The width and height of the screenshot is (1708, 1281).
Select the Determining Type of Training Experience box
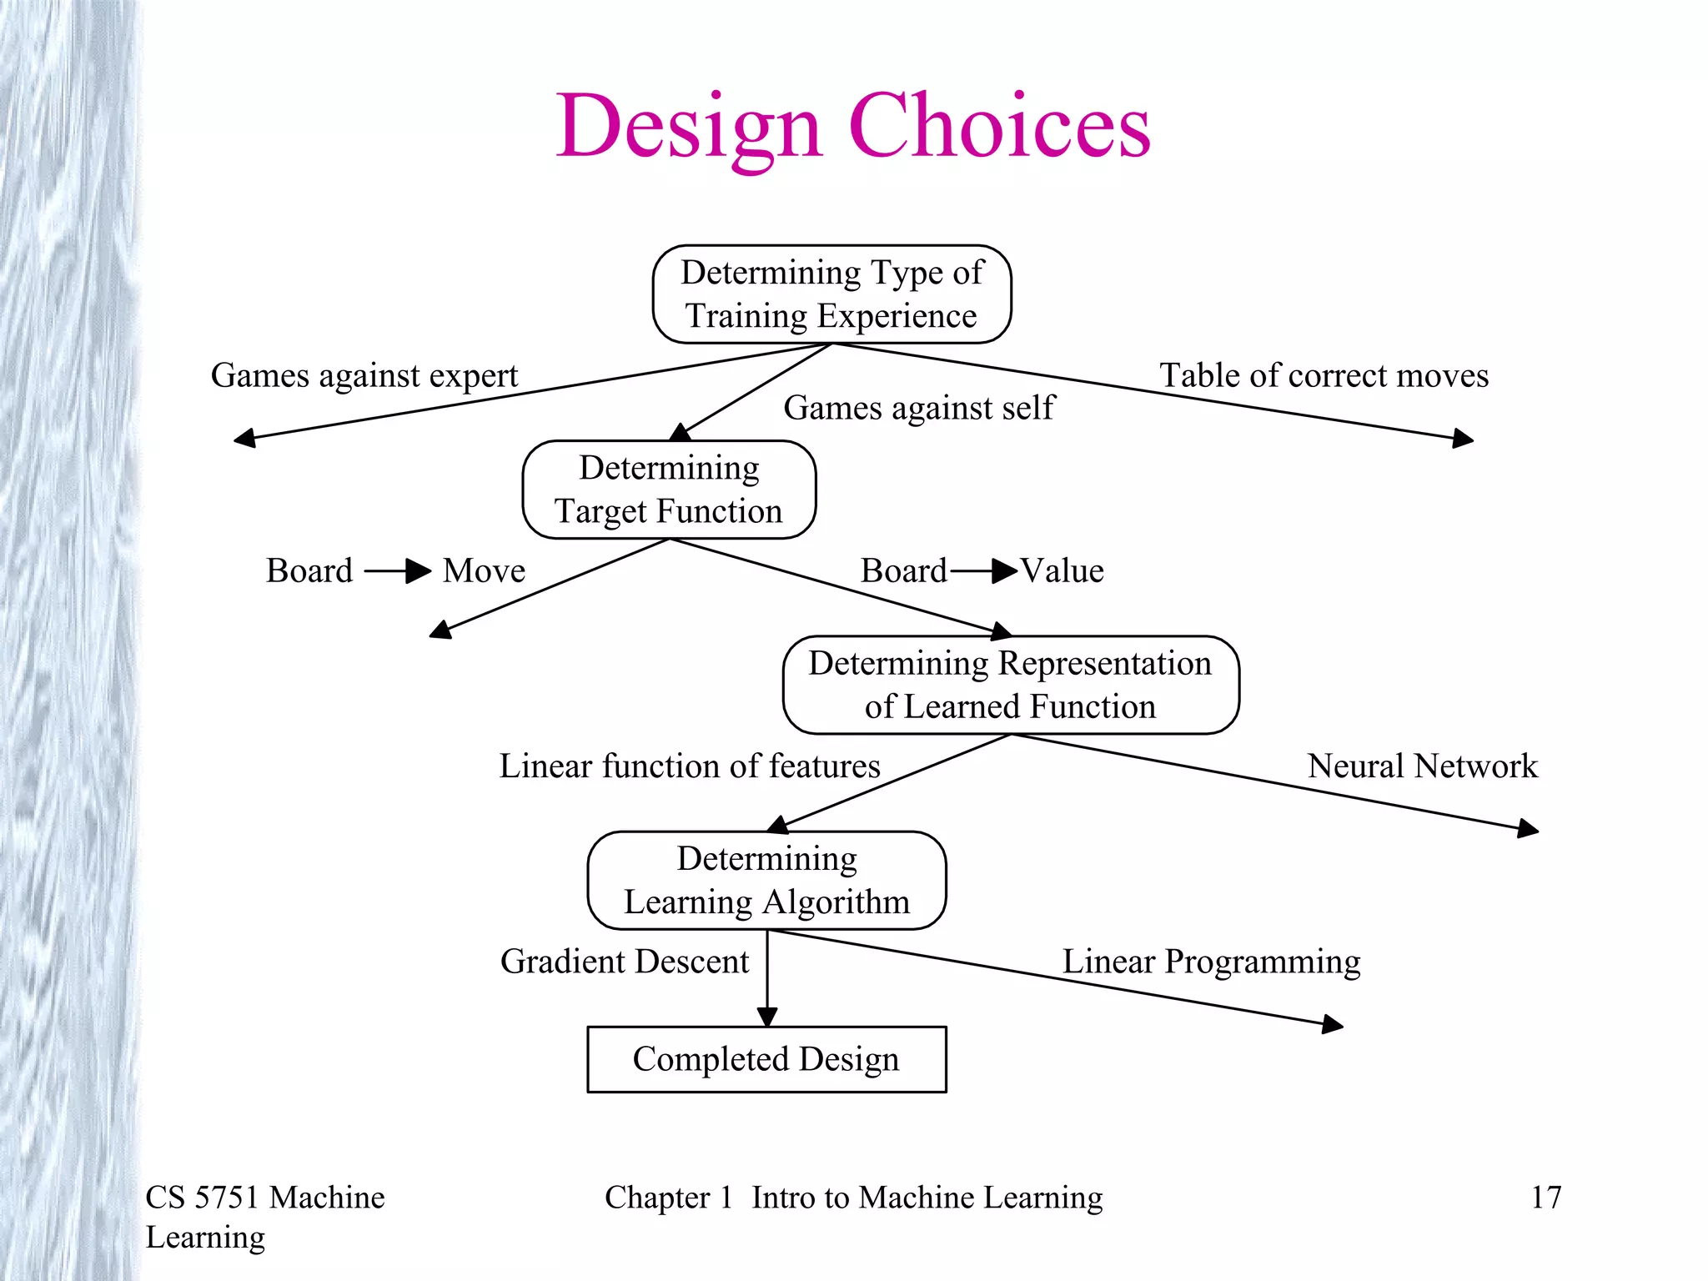pos(831,294)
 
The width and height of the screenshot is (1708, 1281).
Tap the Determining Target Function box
pos(669,490)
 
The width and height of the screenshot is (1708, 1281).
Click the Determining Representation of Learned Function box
pos(1010,685)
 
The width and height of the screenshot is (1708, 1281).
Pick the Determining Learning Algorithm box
pos(766,880)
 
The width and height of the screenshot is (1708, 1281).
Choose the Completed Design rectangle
pos(766,1059)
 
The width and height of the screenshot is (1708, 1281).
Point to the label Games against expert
pos(364,376)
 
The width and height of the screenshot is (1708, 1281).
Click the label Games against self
pos(918,409)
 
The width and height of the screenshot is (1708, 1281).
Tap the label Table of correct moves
pos(1324,376)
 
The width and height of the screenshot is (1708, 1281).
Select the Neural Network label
pos(1422,766)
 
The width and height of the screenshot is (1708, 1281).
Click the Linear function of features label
pos(690,766)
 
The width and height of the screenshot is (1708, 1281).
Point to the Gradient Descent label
pos(625,962)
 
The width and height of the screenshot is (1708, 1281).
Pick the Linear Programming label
pos(1211,962)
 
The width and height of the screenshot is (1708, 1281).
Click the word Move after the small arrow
pos(484,571)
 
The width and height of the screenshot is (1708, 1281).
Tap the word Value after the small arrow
pos(1062,571)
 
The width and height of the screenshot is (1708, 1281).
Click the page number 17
pos(1545,1198)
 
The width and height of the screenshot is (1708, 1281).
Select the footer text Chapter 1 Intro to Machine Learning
pos(853,1198)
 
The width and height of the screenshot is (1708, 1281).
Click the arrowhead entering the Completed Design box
pos(767,1017)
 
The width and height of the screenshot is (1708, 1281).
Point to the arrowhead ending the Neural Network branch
pos(1528,828)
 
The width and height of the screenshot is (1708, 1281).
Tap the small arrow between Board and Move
pos(398,571)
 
